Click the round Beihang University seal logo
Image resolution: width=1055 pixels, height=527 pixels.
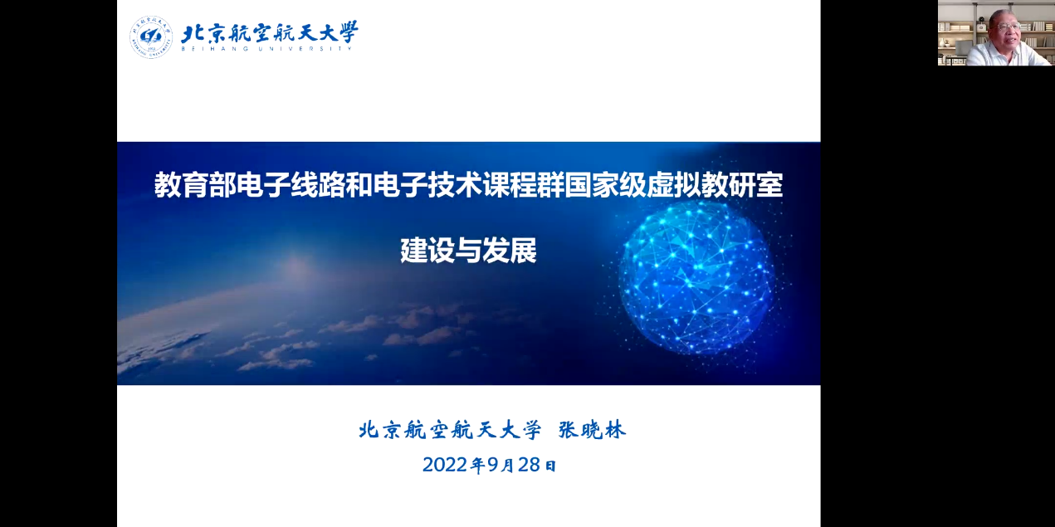click(151, 37)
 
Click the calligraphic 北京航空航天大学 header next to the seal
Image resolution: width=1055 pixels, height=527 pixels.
click(270, 32)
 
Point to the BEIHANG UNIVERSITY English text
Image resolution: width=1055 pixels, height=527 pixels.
click(267, 48)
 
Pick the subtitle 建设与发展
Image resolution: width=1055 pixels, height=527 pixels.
click(469, 251)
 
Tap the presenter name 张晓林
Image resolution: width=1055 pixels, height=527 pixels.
click(593, 430)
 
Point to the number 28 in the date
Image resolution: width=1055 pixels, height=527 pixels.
click(529, 465)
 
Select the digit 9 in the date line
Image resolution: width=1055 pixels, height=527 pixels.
click(493, 465)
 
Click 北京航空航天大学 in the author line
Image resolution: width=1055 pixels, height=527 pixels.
click(450, 430)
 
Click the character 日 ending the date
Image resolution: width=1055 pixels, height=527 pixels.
click(550, 466)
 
